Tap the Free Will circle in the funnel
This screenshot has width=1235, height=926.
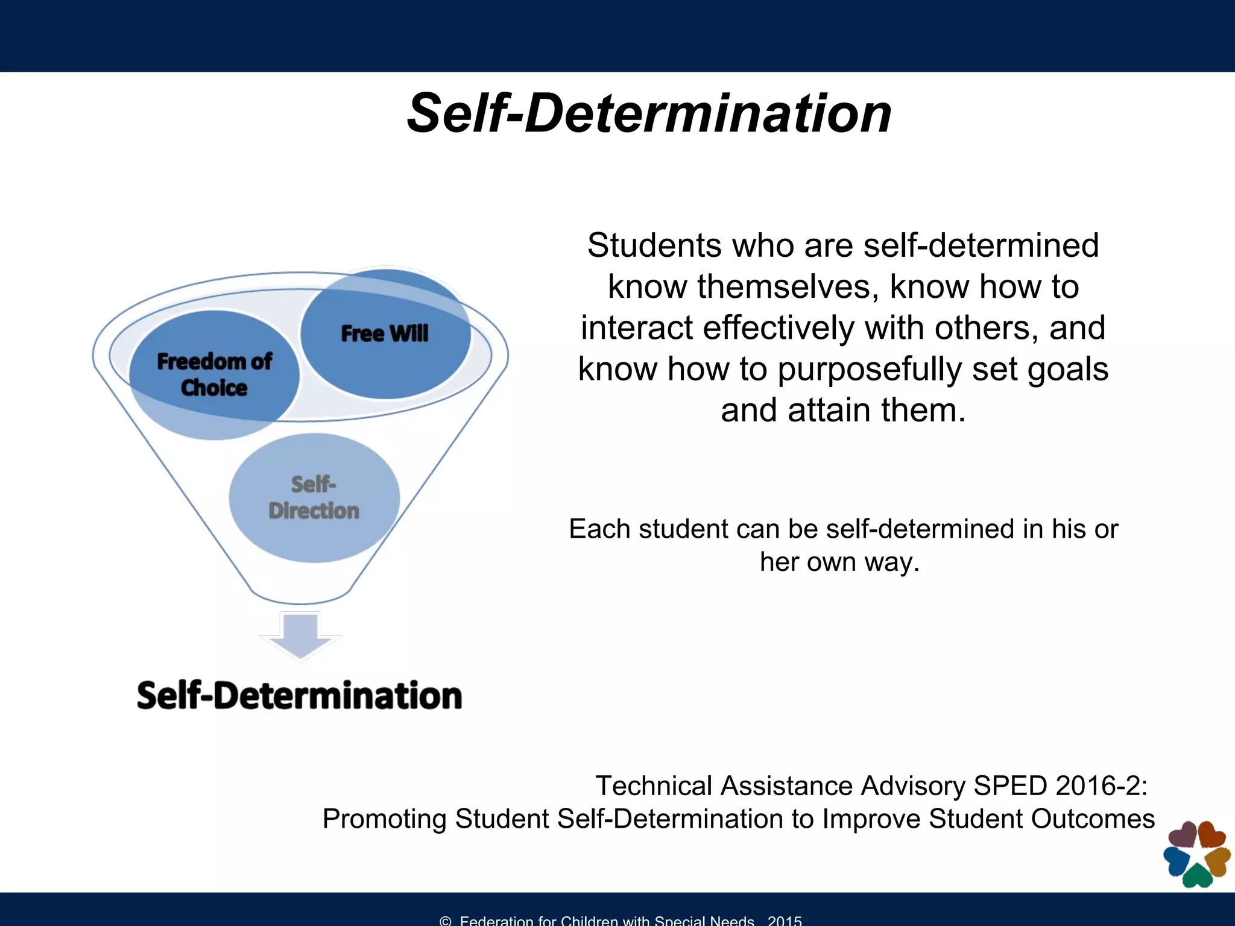pos(385,333)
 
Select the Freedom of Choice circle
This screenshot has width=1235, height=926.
pos(214,374)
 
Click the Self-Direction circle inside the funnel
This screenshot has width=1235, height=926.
pos(314,498)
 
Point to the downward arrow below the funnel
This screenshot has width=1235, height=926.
pos(300,635)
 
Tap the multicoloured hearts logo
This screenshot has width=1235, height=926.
pos(1196,854)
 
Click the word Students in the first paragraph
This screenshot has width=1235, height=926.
pos(654,246)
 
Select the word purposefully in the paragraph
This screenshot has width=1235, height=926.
pos(869,369)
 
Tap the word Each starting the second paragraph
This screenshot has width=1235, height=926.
pos(599,529)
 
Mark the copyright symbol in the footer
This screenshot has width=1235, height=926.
pos(446,921)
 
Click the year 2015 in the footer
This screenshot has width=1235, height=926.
pos(785,921)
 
